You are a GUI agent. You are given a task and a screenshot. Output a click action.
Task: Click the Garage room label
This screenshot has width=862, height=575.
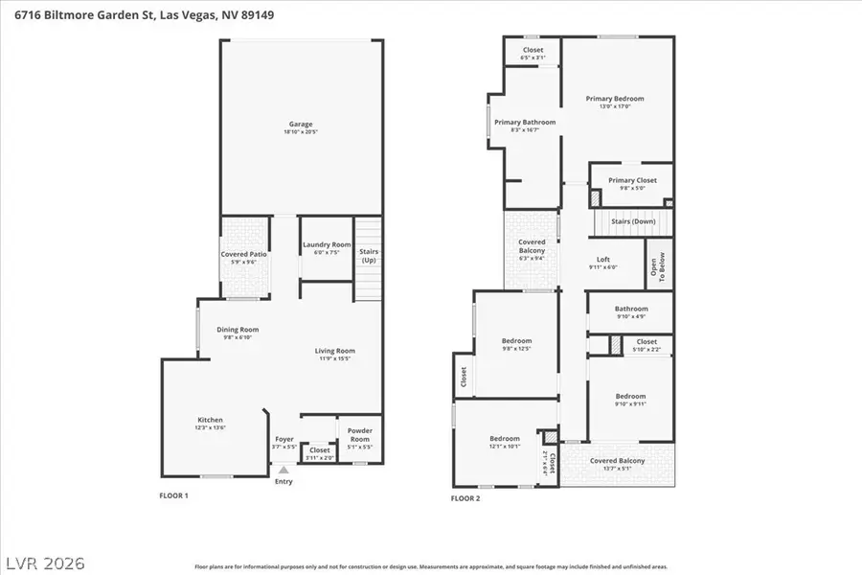tap(301, 124)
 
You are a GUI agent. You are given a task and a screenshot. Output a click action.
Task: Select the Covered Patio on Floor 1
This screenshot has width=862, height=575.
tap(244, 254)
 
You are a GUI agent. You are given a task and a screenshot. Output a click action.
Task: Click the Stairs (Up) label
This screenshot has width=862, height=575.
tap(368, 256)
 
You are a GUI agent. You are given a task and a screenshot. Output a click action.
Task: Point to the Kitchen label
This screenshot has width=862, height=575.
tap(210, 420)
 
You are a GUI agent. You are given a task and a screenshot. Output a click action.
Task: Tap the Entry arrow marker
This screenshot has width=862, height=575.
tap(283, 470)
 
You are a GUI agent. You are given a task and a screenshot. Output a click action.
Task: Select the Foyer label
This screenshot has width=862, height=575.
tap(284, 439)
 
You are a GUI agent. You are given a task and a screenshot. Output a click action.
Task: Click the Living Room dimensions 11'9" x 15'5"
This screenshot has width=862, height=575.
tap(335, 358)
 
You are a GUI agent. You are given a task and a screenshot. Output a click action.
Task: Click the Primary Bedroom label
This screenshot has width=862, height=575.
tap(615, 99)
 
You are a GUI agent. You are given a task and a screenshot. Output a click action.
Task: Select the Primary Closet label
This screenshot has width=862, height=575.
tap(632, 180)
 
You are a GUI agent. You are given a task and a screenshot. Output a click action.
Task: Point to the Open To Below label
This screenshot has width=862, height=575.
tap(659, 267)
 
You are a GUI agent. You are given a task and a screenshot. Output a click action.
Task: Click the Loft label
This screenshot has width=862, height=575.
tap(602, 260)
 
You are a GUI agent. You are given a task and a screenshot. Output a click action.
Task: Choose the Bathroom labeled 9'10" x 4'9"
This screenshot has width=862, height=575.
tap(631, 310)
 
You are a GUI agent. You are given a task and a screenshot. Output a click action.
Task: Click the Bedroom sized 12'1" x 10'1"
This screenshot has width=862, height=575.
tap(505, 439)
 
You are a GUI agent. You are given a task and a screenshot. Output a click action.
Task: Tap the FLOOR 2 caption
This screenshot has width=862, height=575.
tap(465, 498)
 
